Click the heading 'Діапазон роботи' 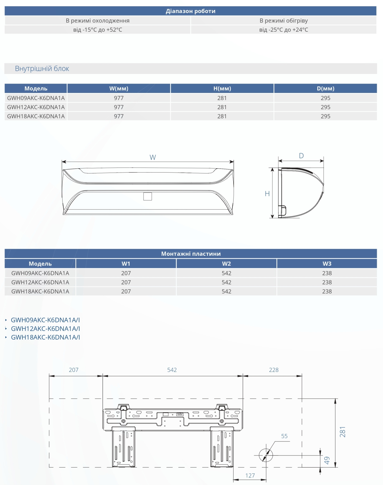(x=191, y=11)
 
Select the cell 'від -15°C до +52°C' (x=97, y=30)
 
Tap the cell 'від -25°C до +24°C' (x=283, y=30)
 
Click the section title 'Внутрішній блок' (x=42, y=68)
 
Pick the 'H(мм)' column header (x=222, y=89)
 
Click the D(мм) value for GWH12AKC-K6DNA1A (x=325, y=107)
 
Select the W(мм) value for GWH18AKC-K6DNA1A (x=119, y=116)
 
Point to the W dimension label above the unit (x=153, y=157)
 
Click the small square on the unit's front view (x=148, y=196)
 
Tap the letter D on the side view (x=301, y=156)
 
